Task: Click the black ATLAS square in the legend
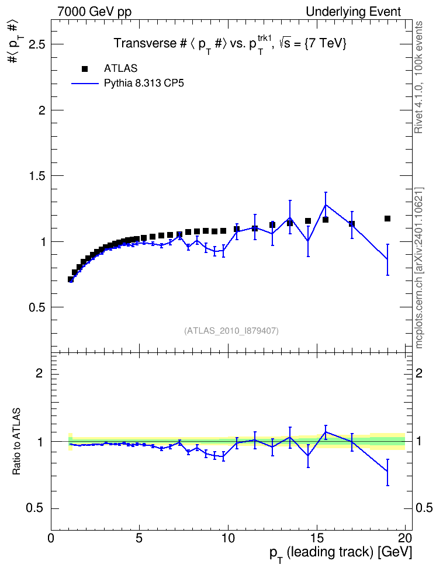point(85,69)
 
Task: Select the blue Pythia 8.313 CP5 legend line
point(85,84)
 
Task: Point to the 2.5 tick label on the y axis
point(37,44)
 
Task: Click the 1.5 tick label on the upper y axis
point(37,176)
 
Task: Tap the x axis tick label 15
point(317,538)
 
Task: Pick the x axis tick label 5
point(140,538)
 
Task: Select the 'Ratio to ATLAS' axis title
point(16,441)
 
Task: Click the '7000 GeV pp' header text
point(94,12)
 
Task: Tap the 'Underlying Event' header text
point(354,12)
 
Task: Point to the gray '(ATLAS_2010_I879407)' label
point(231,331)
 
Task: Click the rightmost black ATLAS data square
point(387,219)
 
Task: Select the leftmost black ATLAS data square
point(71,279)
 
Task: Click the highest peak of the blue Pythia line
point(326,205)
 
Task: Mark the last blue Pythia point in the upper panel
point(387,259)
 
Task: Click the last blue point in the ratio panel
point(387,471)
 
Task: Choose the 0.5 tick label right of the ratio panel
point(424,508)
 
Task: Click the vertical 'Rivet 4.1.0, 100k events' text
point(418,77)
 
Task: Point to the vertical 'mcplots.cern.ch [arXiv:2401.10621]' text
point(419,268)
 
